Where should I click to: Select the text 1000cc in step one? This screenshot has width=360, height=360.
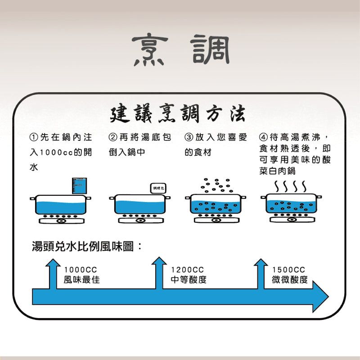pyautogui.click(x=55, y=152)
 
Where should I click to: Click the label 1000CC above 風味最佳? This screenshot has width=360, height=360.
pyautogui.click(x=81, y=270)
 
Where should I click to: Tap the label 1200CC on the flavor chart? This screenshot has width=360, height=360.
pyautogui.click(x=187, y=270)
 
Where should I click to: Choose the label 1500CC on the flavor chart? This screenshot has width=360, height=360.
pyautogui.click(x=288, y=270)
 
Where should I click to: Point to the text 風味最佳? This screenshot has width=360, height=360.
pyautogui.click(x=81, y=280)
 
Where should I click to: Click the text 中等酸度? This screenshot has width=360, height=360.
pyautogui.click(x=189, y=280)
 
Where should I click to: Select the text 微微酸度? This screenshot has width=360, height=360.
pyautogui.click(x=290, y=280)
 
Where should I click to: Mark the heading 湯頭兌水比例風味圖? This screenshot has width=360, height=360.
pyautogui.click(x=86, y=247)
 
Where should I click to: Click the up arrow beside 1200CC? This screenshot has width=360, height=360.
pyautogui.click(x=159, y=272)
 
